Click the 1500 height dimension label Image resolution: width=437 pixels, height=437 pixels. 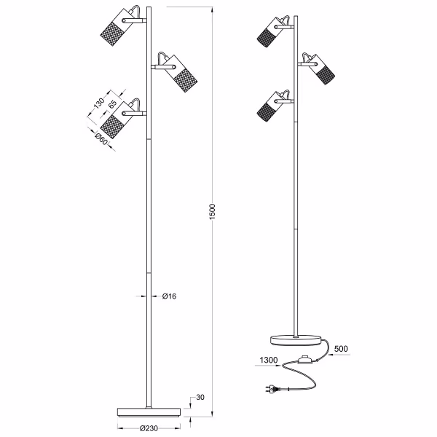(x=212, y=212)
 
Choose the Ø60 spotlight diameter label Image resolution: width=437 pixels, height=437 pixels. (x=100, y=139)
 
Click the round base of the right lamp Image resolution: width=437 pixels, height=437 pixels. (x=297, y=337)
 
